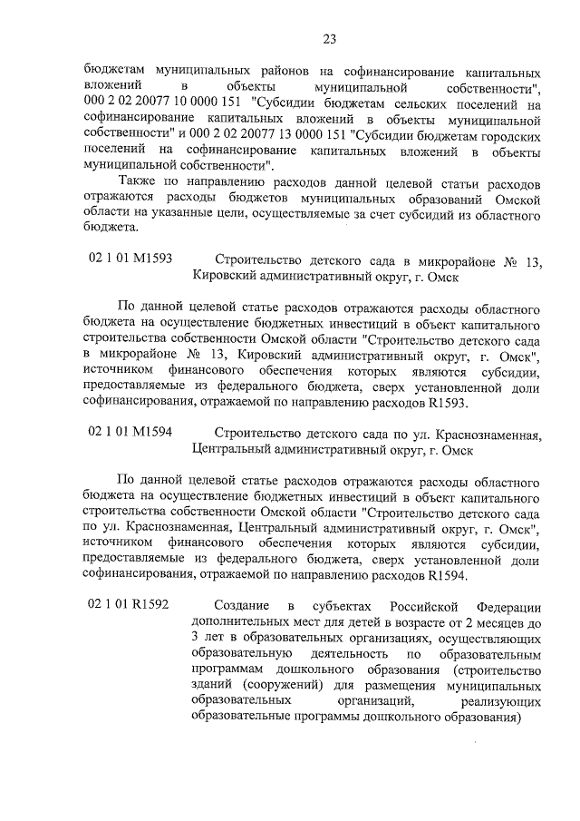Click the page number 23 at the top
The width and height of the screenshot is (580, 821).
tap(329, 38)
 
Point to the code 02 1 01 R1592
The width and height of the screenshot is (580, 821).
tap(129, 605)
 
